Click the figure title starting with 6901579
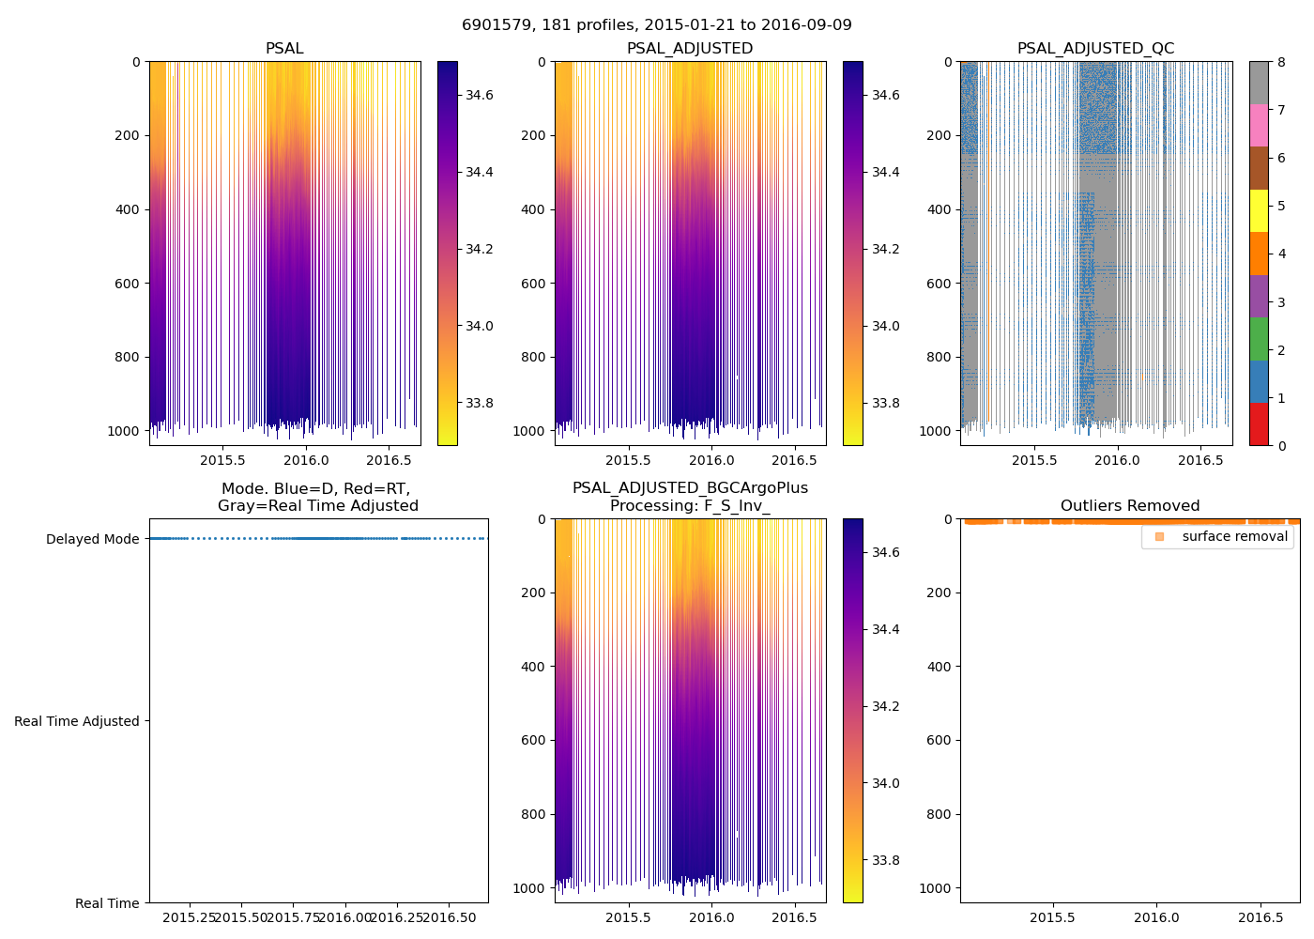coord(656,25)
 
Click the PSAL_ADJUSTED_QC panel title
coord(1095,49)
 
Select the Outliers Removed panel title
coord(1129,506)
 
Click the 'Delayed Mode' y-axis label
coord(92,539)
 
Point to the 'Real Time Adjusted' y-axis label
coord(77,721)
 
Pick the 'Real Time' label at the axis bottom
coord(107,903)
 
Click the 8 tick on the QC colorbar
coord(1281,62)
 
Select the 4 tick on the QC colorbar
coord(1281,254)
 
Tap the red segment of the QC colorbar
coord(1259,424)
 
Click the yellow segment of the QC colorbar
coord(1259,211)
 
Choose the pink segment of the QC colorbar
coord(1259,125)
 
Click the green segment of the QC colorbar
coord(1259,339)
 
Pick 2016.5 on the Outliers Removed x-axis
coord(1261,917)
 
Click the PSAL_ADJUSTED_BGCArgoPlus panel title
coord(690,497)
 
